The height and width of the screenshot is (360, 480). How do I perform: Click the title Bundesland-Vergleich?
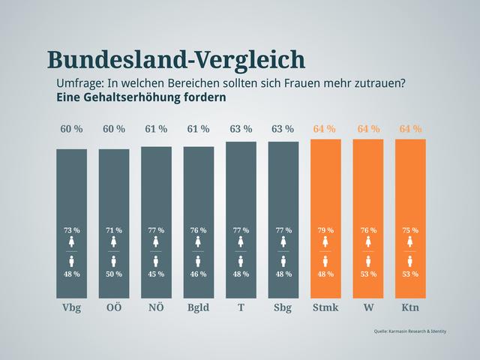[x=175, y=60]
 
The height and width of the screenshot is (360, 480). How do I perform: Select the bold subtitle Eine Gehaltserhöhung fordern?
[x=141, y=97]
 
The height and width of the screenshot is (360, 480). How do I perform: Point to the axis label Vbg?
[x=71, y=308]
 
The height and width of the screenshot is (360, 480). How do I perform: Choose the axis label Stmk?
[x=325, y=308]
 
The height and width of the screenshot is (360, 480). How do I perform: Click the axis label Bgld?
[x=198, y=308]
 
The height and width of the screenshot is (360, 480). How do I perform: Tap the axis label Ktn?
[x=410, y=308]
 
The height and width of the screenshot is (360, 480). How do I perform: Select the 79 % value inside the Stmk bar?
[x=325, y=229]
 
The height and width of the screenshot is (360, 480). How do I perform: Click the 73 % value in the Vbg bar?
[x=71, y=229]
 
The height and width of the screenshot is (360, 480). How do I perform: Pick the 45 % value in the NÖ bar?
[x=156, y=274]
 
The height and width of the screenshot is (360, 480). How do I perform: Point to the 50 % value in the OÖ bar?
[x=114, y=274]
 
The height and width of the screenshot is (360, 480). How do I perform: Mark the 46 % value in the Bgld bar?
[x=198, y=274]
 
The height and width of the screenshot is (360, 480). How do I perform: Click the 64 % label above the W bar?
[x=368, y=129]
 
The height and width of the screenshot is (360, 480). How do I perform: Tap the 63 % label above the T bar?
[x=241, y=129]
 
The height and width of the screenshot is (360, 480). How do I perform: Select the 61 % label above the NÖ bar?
[x=156, y=129]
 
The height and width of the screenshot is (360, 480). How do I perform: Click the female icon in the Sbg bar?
[x=283, y=242]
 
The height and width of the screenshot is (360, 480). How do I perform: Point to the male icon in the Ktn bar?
[x=410, y=261]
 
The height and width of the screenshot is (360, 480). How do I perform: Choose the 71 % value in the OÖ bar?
[x=114, y=229]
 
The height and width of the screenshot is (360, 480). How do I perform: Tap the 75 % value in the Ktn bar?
[x=410, y=229]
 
